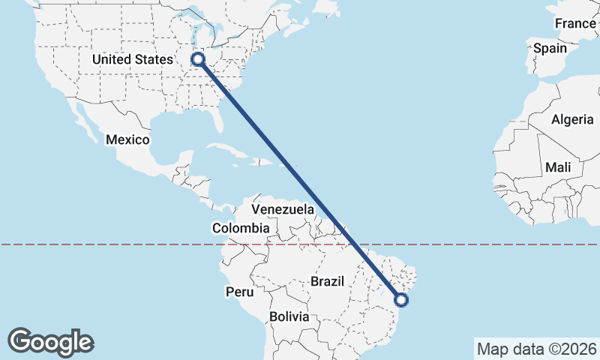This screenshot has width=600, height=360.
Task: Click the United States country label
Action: (x=132, y=59)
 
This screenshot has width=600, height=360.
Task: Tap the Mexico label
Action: (x=127, y=140)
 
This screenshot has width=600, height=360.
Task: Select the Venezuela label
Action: (x=282, y=209)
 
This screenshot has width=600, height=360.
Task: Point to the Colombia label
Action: (x=240, y=228)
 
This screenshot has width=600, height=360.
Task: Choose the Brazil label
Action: (x=327, y=281)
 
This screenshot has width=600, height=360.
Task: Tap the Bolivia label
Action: (x=289, y=316)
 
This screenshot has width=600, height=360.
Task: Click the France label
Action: (x=575, y=23)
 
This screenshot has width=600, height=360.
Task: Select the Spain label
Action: (x=550, y=48)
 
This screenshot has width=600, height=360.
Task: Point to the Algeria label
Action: (x=572, y=119)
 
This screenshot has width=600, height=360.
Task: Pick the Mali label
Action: (x=557, y=166)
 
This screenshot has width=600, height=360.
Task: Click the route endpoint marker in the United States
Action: (x=199, y=59)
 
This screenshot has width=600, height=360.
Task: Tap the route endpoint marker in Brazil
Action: (x=401, y=300)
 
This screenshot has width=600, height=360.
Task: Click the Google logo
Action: (x=50, y=342)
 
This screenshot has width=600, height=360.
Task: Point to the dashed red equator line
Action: (x=112, y=244)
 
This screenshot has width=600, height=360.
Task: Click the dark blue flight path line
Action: (x=300, y=180)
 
